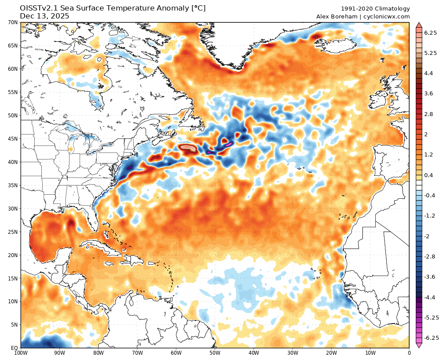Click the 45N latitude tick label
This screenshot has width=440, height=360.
point(12,138)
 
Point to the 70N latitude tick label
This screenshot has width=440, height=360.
point(12,22)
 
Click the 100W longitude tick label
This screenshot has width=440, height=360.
point(21,353)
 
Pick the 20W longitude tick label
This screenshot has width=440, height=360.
point(331,353)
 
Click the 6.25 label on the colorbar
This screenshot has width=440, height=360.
point(430,33)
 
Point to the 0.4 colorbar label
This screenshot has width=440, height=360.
point(429,175)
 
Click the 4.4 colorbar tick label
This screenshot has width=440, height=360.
point(429,73)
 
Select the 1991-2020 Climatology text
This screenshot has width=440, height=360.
point(375,9)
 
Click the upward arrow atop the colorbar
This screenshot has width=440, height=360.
point(419,25)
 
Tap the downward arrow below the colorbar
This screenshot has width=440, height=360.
point(419,345)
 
